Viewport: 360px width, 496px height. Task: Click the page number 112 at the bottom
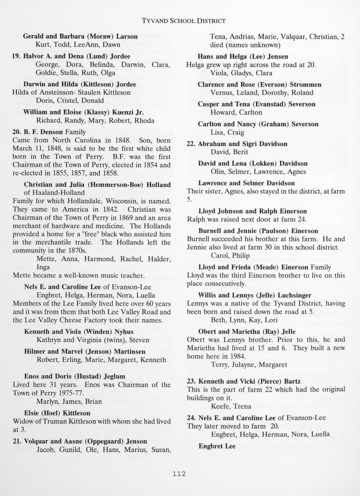pyautogui.click(x=179, y=474)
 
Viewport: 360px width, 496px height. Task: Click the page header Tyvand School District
pyautogui.click(x=184, y=20)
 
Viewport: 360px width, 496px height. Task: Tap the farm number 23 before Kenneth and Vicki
pyautogui.click(x=192, y=381)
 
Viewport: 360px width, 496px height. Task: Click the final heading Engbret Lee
pyautogui.click(x=217, y=446)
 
